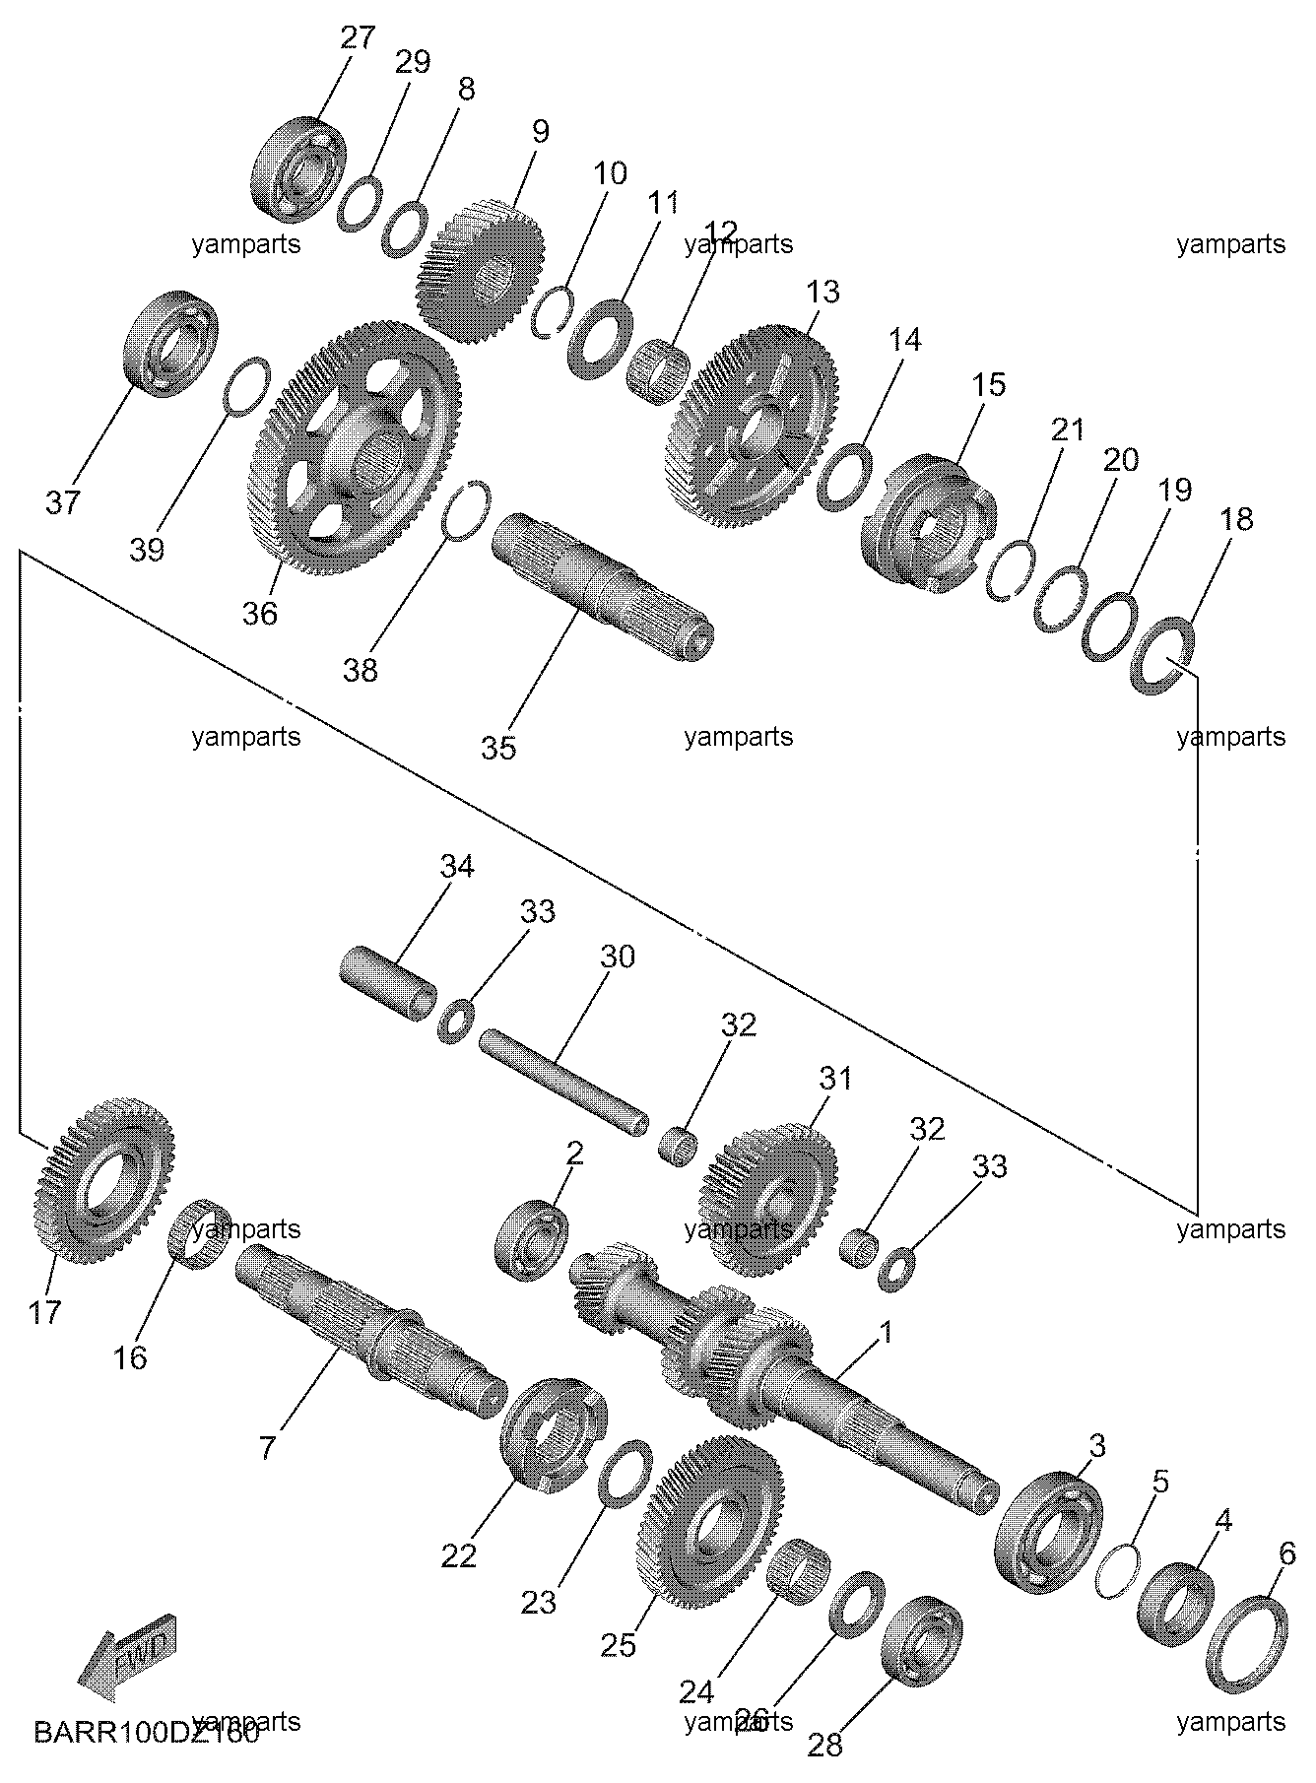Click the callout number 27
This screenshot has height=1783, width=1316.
[358, 38]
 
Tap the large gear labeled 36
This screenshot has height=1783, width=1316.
[355, 448]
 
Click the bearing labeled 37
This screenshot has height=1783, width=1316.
[170, 342]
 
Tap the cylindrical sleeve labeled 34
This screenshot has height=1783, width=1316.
[389, 977]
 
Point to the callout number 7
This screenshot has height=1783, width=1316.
[268, 1447]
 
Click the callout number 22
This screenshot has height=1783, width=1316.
[459, 1556]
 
